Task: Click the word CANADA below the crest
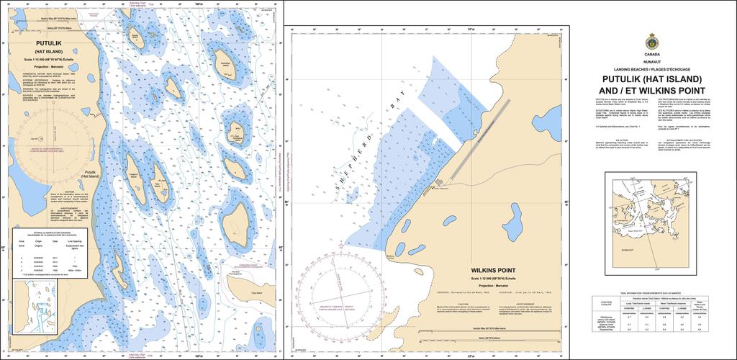pyautogui.click(x=652, y=55)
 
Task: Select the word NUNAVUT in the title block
pyautogui.click(x=652, y=62)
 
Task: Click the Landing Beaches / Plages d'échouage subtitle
pyautogui.click(x=652, y=69)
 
